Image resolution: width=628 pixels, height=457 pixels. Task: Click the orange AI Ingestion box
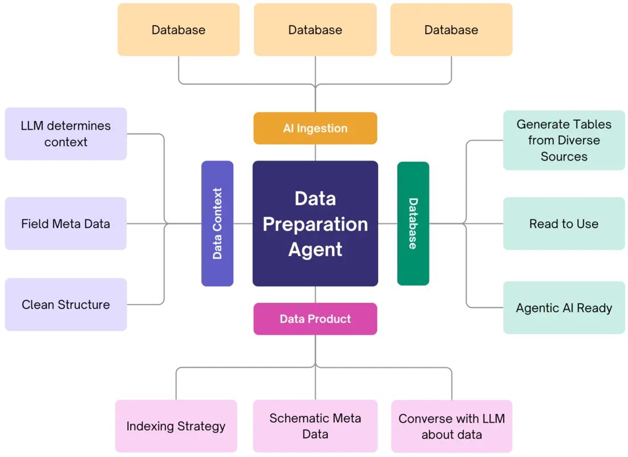(x=315, y=129)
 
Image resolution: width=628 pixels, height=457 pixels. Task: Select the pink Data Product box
(x=315, y=319)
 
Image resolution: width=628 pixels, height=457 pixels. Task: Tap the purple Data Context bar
(x=218, y=223)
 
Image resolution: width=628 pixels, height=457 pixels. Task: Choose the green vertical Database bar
(x=414, y=223)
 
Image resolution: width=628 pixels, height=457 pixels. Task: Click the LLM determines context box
(x=66, y=134)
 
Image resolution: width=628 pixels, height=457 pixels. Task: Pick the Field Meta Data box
(x=66, y=224)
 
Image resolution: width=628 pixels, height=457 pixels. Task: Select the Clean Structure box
(x=66, y=304)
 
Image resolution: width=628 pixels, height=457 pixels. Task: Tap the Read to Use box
(x=564, y=224)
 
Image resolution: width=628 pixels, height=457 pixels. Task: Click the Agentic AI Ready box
(x=564, y=308)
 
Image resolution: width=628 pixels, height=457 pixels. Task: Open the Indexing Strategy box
(x=176, y=426)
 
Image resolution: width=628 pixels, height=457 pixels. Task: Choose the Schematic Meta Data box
(x=315, y=426)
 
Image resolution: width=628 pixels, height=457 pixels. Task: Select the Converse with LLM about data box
(x=451, y=426)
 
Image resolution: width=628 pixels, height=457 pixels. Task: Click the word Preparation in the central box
(x=315, y=225)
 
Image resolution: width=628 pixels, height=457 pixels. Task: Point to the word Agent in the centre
(x=315, y=250)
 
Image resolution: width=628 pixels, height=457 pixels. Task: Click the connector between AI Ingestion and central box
(x=315, y=153)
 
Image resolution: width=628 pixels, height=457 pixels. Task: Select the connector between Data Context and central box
(x=244, y=224)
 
